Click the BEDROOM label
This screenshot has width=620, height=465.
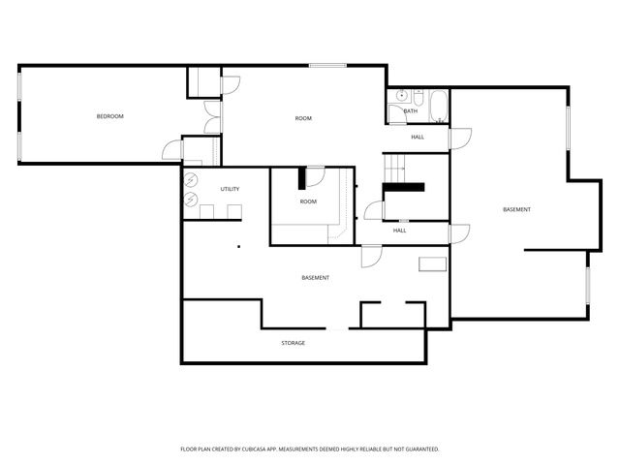click(x=109, y=116)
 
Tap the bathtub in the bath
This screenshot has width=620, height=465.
click(x=438, y=106)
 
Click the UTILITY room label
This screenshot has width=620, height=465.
click(x=230, y=189)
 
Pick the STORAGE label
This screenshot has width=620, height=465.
click(x=294, y=343)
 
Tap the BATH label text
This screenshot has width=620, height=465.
click(x=411, y=111)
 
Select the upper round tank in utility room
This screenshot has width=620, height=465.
click(x=191, y=179)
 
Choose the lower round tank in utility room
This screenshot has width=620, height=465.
click(x=191, y=200)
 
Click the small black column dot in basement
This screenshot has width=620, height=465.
click(x=237, y=247)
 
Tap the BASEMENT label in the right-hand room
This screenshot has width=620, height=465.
click(x=516, y=210)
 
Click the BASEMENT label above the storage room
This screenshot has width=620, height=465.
click(x=315, y=278)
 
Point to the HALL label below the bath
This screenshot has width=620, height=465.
click(x=418, y=137)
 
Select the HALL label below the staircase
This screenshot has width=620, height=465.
click(x=400, y=231)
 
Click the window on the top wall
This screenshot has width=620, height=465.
click(x=327, y=65)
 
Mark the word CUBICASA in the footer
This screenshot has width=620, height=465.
click(x=253, y=449)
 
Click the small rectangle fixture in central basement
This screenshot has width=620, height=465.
click(x=432, y=263)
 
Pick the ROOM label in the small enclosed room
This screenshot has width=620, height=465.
click(x=308, y=201)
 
